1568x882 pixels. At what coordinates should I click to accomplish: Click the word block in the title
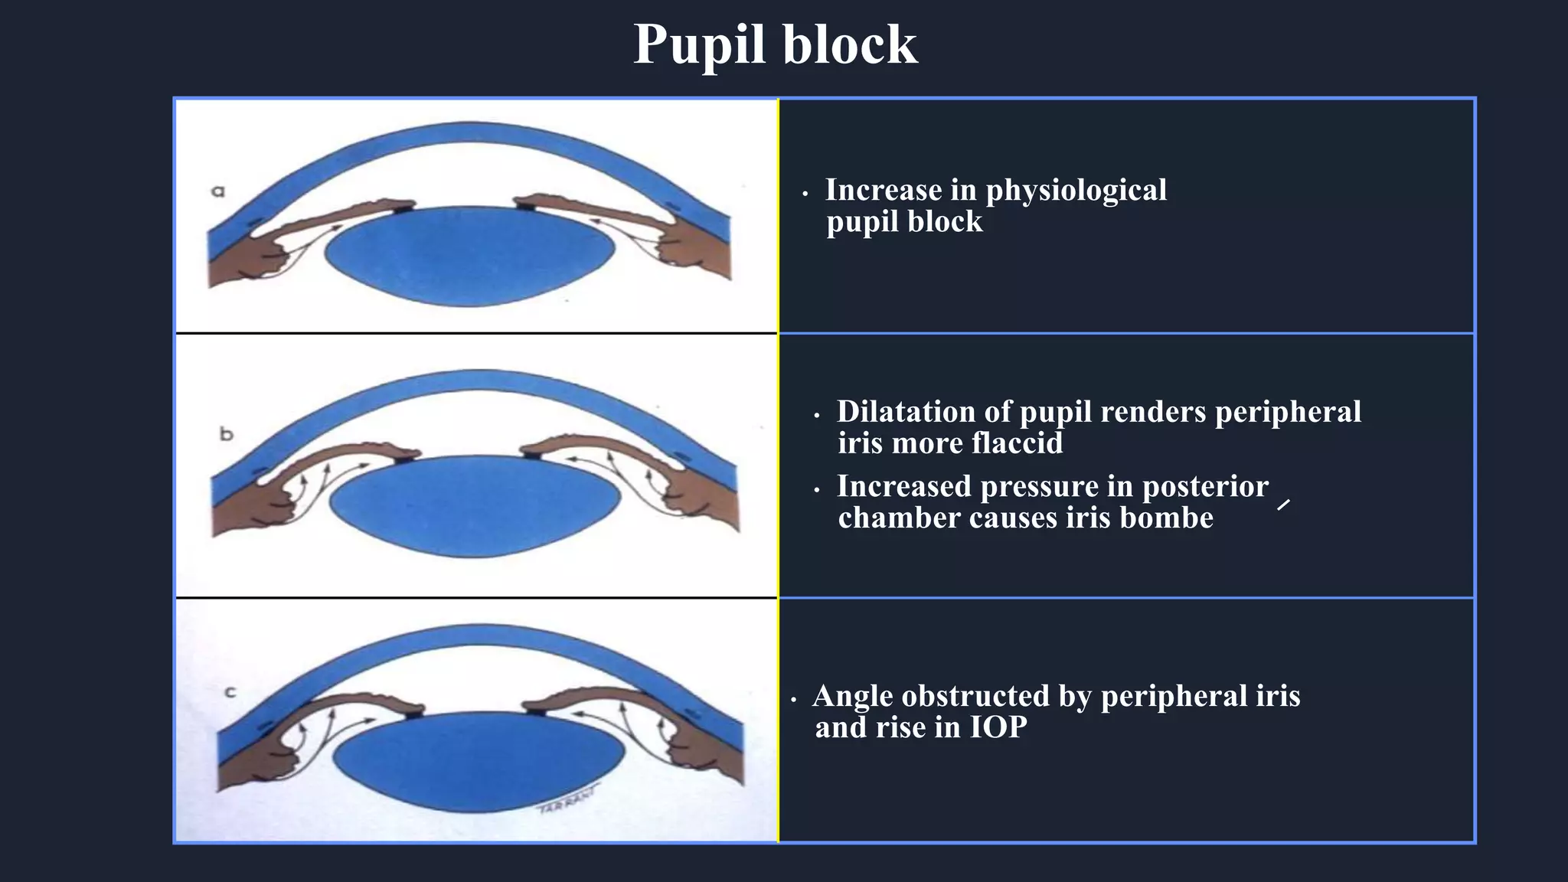pos(849,44)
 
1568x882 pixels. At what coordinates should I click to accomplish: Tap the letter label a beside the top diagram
pos(218,191)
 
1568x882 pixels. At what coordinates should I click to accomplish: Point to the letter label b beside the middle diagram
pos(226,433)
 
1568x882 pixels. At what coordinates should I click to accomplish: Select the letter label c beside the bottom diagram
pos(230,693)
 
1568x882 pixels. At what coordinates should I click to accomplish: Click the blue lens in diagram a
pos(469,256)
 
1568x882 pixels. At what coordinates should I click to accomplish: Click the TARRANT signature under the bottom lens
pos(566,802)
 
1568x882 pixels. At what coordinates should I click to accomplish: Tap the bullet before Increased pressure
pos(817,490)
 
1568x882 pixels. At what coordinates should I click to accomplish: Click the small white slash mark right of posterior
pos(1284,504)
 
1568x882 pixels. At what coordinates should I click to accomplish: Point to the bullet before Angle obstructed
pos(794,700)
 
